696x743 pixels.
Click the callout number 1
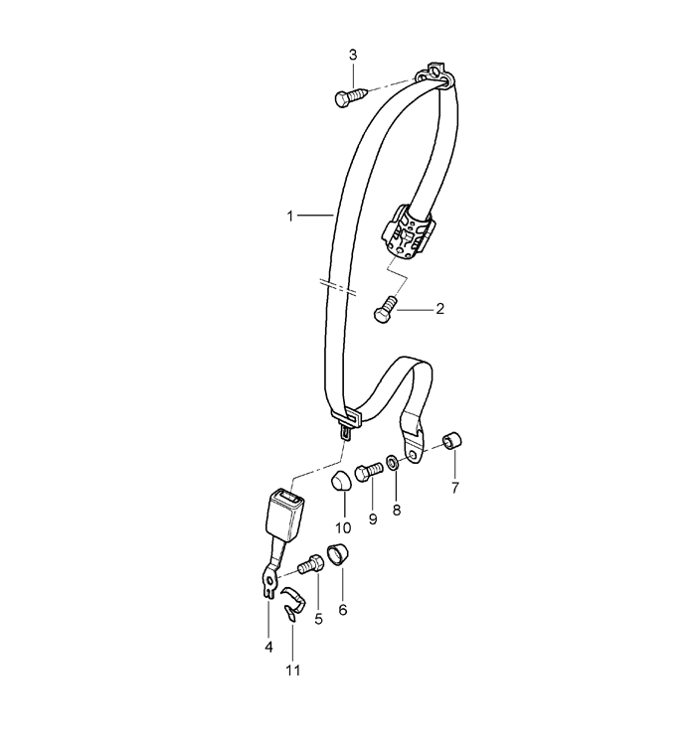290,217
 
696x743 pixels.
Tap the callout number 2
439,309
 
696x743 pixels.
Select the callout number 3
353,55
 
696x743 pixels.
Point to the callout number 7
455,487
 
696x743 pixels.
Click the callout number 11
292,670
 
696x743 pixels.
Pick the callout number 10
343,527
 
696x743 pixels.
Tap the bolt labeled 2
385,310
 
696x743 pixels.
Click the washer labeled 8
393,463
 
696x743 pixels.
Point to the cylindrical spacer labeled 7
452,440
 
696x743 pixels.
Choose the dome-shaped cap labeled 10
340,483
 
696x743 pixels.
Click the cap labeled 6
337,555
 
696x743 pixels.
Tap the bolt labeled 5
311,564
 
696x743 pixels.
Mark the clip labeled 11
292,603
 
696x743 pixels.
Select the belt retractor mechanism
408,232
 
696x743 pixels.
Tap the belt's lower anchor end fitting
413,441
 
